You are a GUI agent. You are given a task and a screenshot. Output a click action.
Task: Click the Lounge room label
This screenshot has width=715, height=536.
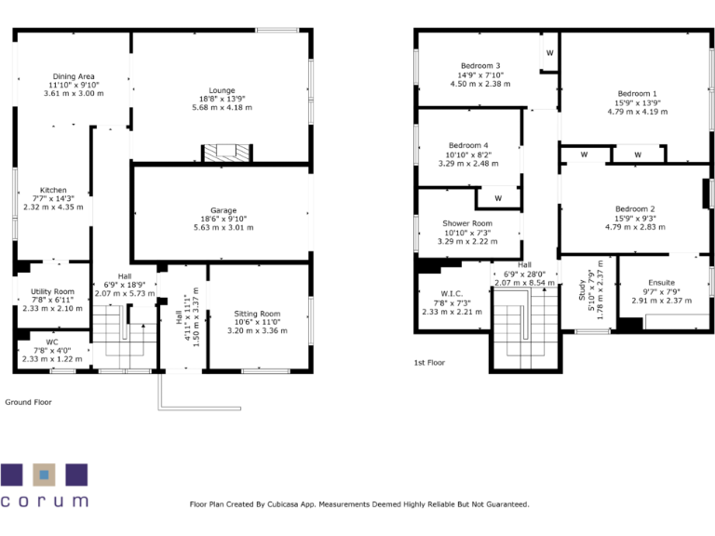point(222,90)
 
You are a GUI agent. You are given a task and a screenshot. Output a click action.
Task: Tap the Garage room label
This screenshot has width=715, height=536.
point(223,210)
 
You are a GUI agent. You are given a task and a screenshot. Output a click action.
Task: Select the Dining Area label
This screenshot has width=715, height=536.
point(74,76)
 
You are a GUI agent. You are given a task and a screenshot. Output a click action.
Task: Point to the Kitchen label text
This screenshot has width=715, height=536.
point(53,190)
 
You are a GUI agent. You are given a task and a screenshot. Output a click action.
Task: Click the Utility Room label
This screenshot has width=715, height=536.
point(52,292)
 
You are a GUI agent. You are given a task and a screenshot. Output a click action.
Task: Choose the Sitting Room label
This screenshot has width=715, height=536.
point(257,315)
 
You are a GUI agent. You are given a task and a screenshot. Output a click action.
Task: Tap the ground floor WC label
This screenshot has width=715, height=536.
point(52,342)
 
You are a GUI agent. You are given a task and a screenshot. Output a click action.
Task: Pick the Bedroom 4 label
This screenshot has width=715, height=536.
point(468,146)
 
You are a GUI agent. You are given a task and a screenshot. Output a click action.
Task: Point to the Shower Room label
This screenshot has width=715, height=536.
point(467,224)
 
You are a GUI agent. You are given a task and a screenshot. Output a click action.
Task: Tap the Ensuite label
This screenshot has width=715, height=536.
point(662,283)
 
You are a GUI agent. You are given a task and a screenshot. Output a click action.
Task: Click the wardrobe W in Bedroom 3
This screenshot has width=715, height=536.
point(549,53)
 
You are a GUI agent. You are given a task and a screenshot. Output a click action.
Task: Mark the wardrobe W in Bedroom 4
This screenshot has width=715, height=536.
point(498,198)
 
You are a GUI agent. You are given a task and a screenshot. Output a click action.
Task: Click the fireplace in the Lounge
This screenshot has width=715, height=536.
point(228,154)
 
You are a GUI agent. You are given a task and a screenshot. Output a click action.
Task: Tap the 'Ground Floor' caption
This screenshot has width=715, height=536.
point(29,402)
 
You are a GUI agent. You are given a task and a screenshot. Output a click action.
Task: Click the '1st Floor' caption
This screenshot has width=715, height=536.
point(431,363)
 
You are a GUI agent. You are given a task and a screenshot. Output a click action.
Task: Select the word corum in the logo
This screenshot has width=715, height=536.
point(45,501)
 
